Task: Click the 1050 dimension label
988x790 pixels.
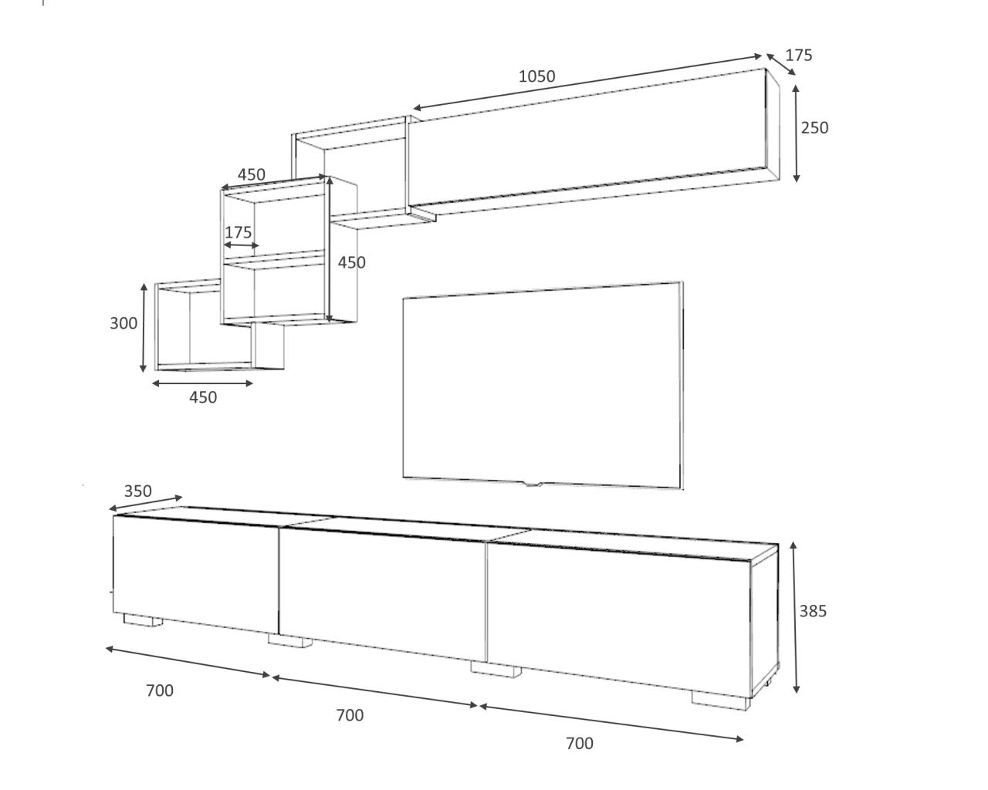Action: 536,76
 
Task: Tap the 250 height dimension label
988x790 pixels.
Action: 814,127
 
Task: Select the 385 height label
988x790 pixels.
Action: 813,611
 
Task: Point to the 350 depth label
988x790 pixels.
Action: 137,491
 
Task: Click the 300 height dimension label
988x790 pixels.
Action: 123,323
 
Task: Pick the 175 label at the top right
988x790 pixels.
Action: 799,55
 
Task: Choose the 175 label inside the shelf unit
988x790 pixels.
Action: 239,232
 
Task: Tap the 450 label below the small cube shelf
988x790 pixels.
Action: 203,397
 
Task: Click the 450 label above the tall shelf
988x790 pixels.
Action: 251,174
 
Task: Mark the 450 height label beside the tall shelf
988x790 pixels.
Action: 352,262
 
